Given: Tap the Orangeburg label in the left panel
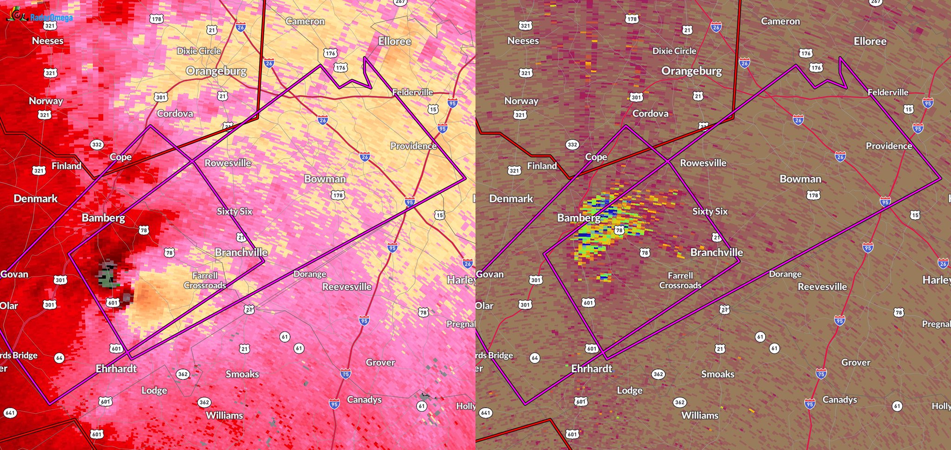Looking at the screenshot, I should (216, 71).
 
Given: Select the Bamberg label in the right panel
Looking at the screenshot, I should (579, 218).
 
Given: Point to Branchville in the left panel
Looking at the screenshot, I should (241, 253).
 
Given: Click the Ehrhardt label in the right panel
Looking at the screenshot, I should (592, 369).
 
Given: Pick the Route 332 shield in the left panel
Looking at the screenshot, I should (97, 144).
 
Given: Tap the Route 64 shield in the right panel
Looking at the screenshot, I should (535, 358).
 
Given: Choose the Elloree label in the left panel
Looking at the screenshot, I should (394, 41).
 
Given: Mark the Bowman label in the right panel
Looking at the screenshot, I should (800, 179).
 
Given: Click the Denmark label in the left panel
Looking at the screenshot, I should (35, 199).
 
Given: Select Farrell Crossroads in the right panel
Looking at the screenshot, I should (680, 280).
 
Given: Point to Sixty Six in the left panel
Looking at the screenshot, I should (234, 211).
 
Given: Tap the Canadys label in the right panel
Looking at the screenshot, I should (840, 400).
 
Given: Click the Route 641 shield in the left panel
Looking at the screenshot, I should (10, 412).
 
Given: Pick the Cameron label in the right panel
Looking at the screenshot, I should (780, 21).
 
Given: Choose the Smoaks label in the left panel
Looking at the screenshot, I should (242, 374).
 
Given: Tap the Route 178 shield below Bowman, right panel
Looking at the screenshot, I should (813, 196).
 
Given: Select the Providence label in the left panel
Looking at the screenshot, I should (413, 146).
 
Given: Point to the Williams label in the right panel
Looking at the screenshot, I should (699, 416).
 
